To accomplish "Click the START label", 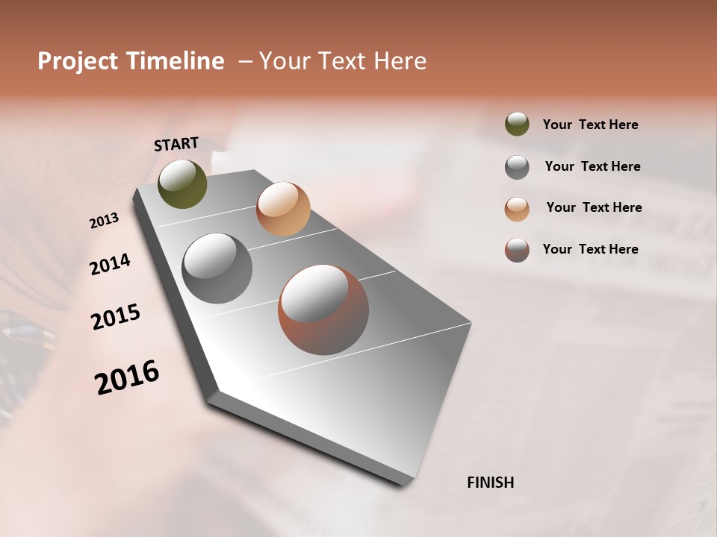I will pyautogui.click(x=176, y=144).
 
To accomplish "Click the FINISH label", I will pyautogui.click(x=490, y=483).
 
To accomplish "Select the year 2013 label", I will pyautogui.click(x=104, y=221).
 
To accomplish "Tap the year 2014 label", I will pyautogui.click(x=110, y=264).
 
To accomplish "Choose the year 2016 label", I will pyautogui.click(x=127, y=377).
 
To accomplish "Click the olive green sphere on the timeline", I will pyautogui.click(x=182, y=183).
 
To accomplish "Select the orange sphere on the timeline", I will pyautogui.click(x=283, y=208).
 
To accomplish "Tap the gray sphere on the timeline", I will pyautogui.click(x=217, y=268).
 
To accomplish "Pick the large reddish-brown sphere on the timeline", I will pyautogui.click(x=323, y=310).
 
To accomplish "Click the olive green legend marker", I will pyautogui.click(x=517, y=125).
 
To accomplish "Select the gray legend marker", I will pyautogui.click(x=517, y=166).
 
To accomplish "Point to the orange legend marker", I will pyautogui.click(x=517, y=208).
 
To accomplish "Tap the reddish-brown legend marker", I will pyautogui.click(x=517, y=249).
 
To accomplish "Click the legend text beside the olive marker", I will pyautogui.click(x=590, y=125).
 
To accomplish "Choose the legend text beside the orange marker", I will pyautogui.click(x=594, y=207).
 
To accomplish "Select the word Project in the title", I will pyautogui.click(x=78, y=61).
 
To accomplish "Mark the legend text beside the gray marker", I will pyautogui.click(x=592, y=166).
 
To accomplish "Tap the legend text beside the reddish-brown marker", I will pyautogui.click(x=590, y=249).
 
